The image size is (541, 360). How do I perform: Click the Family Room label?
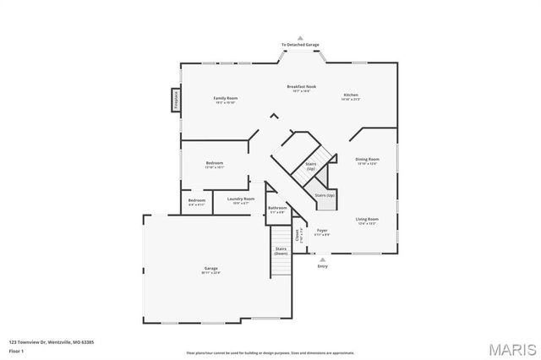225,100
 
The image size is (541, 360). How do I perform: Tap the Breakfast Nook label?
301,87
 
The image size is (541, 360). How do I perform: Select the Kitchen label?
351,95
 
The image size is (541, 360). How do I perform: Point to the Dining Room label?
367,160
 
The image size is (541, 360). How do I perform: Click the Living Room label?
367,220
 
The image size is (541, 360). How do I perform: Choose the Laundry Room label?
240,200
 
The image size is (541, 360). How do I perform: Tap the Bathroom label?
277,208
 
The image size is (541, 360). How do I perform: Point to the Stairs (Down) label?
281,251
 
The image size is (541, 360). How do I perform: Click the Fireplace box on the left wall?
176,100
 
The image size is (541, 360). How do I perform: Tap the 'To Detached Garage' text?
301,45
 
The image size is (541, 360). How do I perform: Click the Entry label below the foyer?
322,267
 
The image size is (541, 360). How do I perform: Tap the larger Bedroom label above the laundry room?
215,164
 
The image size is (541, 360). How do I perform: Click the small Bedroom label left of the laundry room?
196,201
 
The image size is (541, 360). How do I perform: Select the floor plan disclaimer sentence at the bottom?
271,352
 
